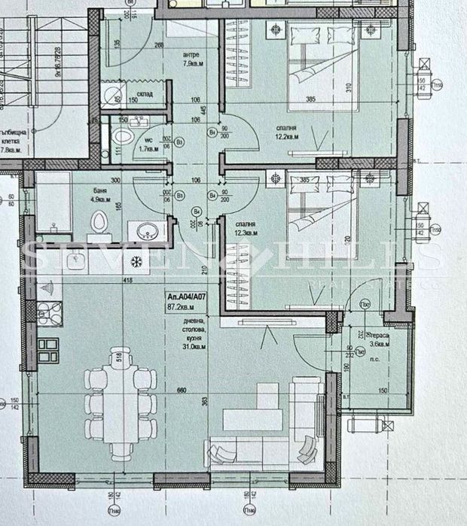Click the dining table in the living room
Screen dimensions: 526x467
pos(116,403)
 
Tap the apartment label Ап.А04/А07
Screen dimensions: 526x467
pos(187,298)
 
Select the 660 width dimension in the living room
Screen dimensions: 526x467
pos(181,390)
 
